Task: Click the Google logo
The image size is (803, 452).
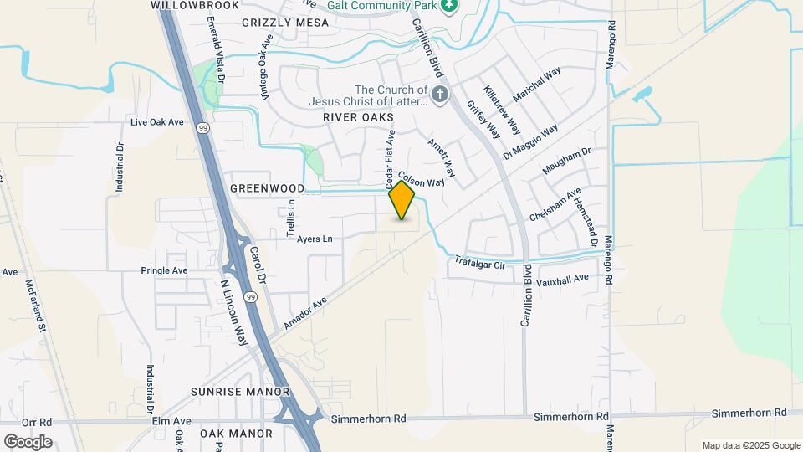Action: point(28,441)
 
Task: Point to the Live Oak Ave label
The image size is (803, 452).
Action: point(156,122)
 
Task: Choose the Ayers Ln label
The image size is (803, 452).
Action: point(315,239)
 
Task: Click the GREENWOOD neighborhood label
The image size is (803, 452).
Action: point(267,188)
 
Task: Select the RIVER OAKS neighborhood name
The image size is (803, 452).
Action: point(358,118)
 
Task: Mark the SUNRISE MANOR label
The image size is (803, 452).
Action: point(240,392)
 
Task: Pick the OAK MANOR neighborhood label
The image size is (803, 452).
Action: point(236,434)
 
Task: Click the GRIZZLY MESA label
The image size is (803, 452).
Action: point(275,23)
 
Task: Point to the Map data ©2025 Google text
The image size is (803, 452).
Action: point(751,445)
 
